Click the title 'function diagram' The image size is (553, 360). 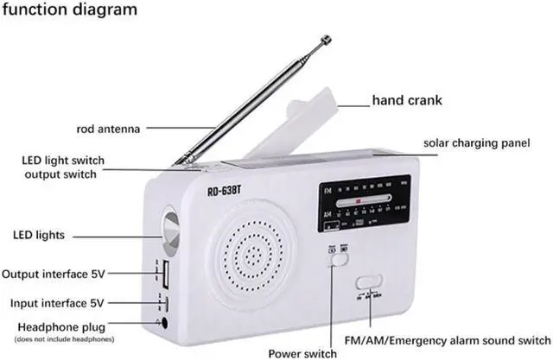pos(69,10)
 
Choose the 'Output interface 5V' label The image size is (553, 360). pos(53,275)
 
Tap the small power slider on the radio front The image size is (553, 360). pos(337,249)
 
